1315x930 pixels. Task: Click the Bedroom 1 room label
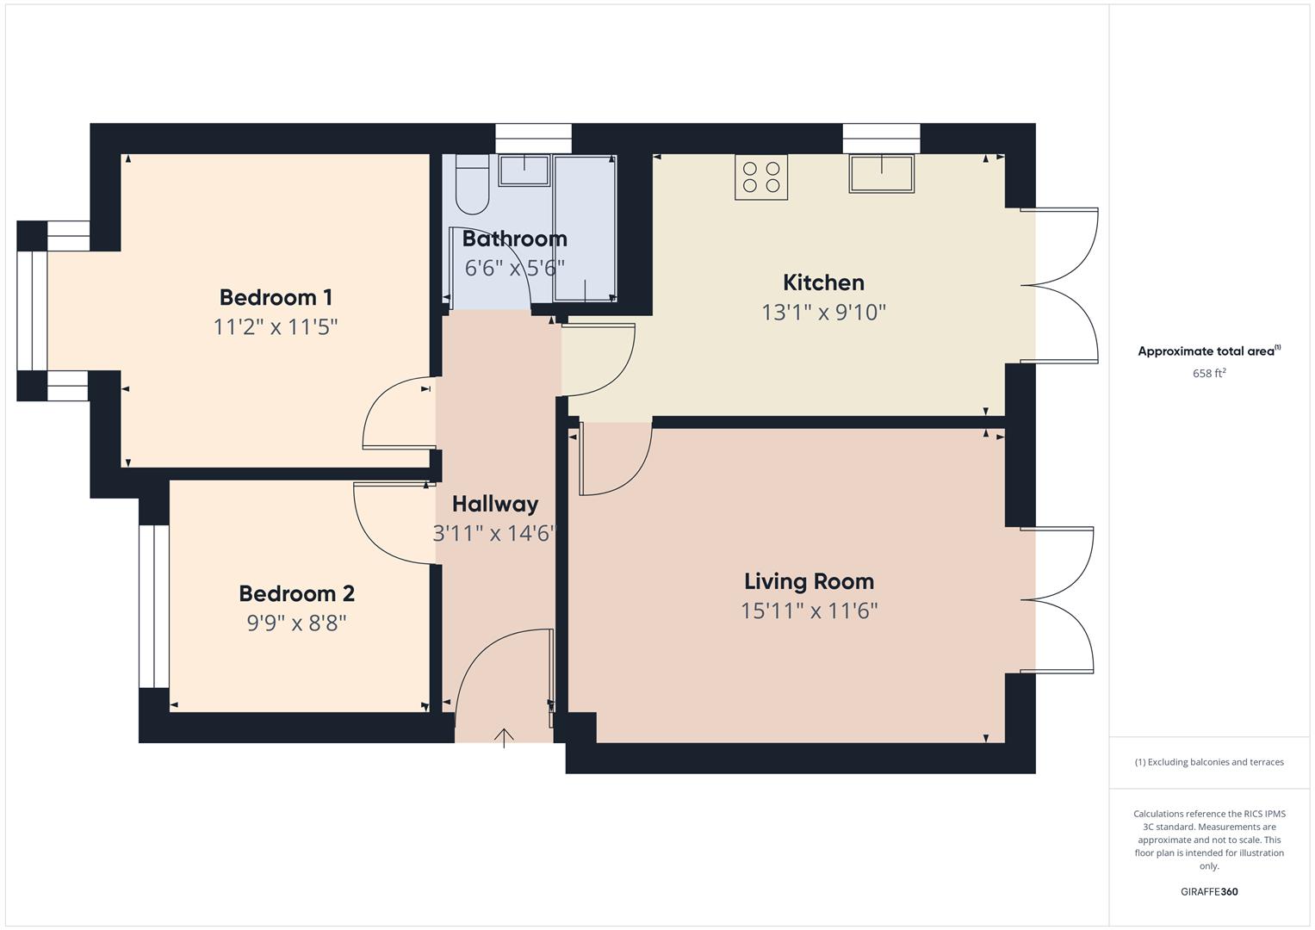coord(276,298)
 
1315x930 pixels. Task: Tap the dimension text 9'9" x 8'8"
coord(296,623)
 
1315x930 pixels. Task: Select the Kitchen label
coord(823,282)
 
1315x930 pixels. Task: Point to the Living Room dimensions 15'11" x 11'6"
coord(809,611)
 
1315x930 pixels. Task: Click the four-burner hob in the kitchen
coord(761,177)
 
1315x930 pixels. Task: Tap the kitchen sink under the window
coord(881,173)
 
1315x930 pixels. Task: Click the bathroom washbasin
coord(524,170)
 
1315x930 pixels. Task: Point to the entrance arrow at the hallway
coord(504,737)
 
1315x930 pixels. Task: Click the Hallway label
coord(495,504)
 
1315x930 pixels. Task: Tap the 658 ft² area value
coord(1209,374)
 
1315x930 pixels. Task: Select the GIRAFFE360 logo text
coord(1209,891)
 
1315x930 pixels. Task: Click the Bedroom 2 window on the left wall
coord(154,605)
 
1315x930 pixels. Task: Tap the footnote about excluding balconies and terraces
coord(1209,762)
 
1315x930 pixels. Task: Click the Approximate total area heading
coord(1209,351)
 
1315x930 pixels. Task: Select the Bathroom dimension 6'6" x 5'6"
coord(514,268)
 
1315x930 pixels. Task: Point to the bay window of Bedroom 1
coord(32,310)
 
